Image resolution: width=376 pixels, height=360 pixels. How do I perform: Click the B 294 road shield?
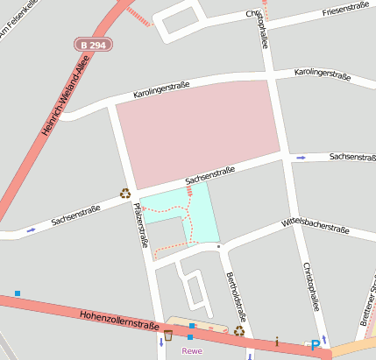click(92, 44)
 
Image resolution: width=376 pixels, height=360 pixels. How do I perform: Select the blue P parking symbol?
click(315, 346)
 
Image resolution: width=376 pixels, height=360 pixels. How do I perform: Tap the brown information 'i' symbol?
click(277, 342)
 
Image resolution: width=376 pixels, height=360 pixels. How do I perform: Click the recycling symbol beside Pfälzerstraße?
click(125, 194)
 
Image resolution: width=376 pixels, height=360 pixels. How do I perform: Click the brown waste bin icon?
click(167, 335)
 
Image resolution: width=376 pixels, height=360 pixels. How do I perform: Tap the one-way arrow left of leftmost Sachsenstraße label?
click(32, 229)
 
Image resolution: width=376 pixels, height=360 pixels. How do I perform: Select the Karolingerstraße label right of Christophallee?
click(322, 75)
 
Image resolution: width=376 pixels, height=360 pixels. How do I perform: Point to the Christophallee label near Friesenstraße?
click(262, 29)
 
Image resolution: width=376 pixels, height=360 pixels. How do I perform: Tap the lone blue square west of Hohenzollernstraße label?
click(17, 293)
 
